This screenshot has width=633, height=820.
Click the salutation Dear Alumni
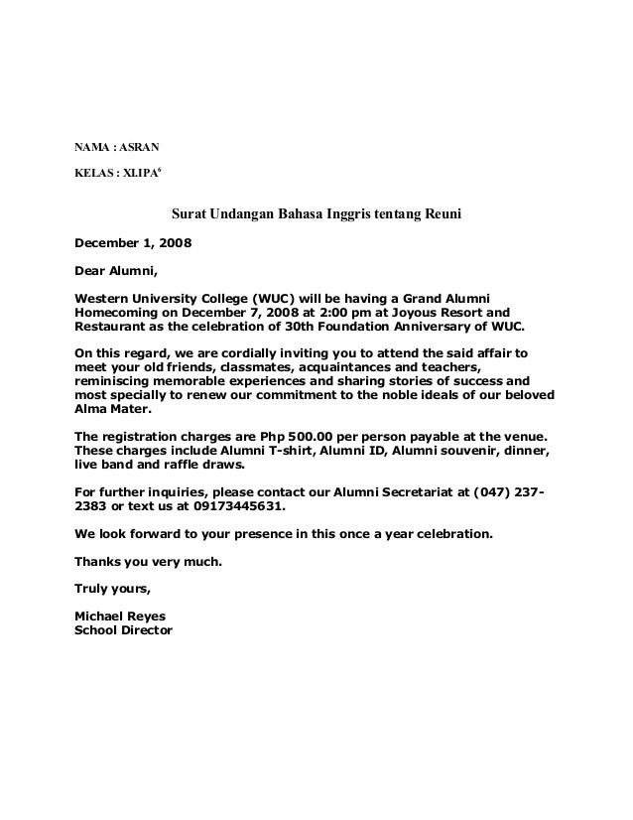tap(116, 269)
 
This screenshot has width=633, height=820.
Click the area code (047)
tap(496, 493)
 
